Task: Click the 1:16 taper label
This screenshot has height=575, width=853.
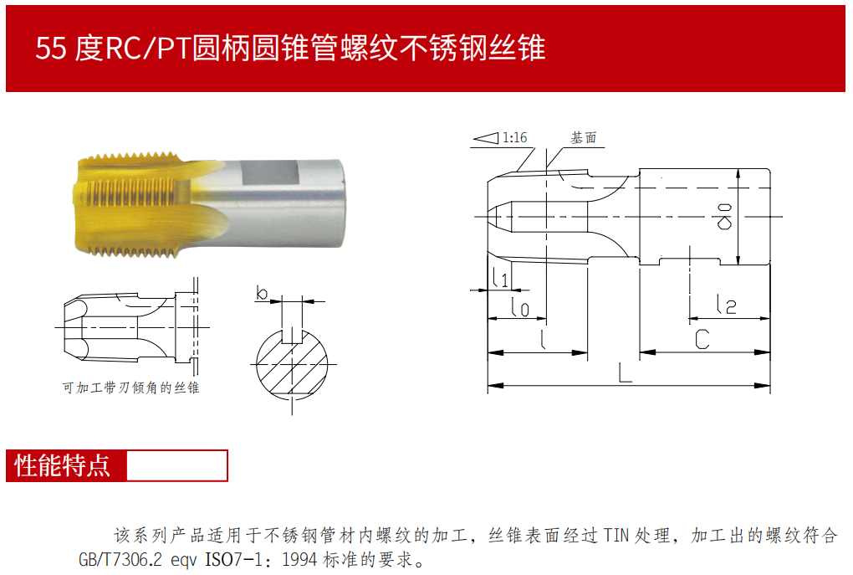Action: click(x=514, y=138)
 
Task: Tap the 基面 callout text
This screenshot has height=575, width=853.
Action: click(x=583, y=138)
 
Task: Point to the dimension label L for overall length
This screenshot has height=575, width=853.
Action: click(x=626, y=372)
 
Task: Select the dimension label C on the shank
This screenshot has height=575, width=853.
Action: click(x=702, y=339)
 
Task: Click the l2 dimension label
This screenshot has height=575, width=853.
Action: click(x=727, y=304)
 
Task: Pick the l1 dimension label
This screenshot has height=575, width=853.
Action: click(x=500, y=277)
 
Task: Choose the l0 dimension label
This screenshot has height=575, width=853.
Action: click(x=520, y=306)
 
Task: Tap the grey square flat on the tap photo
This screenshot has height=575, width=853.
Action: click(x=270, y=174)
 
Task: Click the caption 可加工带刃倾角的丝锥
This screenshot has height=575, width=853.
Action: click(x=130, y=388)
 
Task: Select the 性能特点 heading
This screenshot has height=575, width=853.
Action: click(x=63, y=465)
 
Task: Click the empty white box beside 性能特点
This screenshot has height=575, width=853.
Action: click(x=176, y=465)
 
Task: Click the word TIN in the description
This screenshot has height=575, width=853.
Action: click(x=615, y=536)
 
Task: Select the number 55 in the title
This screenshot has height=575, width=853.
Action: click(x=51, y=48)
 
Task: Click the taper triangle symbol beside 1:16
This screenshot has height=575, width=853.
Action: click(x=486, y=138)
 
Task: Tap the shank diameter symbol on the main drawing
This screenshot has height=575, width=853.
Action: click(x=724, y=216)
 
